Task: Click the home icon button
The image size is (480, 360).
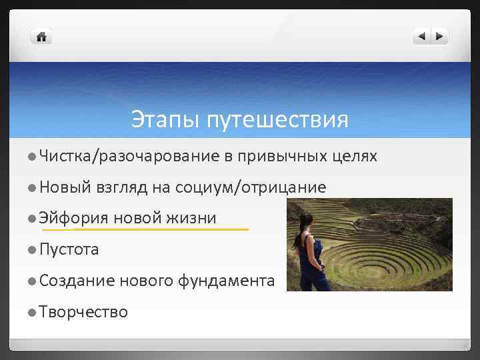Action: [41, 37]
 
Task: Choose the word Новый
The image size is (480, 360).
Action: [65, 188]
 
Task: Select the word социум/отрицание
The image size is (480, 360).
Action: [251, 188]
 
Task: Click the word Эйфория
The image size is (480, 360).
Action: [73, 219]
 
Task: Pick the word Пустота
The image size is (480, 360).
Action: [69, 250]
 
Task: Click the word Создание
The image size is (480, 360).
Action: [77, 281]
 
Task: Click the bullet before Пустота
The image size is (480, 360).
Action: [32, 250]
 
